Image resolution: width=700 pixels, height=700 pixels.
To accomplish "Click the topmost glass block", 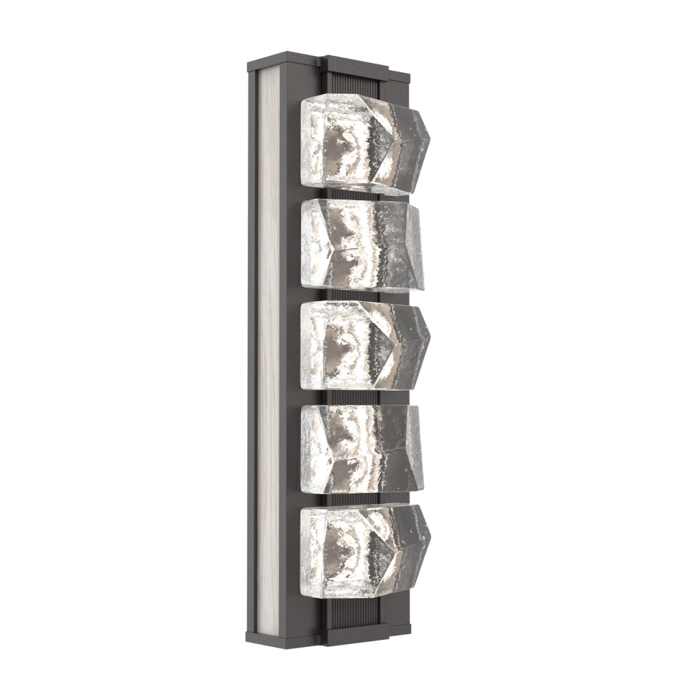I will [360, 143].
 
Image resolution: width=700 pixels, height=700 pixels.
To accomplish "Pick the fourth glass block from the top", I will [360, 448].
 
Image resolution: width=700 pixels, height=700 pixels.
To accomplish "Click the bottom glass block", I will [360, 549].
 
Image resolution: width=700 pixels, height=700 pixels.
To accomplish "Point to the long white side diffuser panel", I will [267, 350].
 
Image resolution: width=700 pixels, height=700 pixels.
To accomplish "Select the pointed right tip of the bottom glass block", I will [429, 532].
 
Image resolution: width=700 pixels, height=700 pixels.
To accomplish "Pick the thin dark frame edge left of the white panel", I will [252, 350].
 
